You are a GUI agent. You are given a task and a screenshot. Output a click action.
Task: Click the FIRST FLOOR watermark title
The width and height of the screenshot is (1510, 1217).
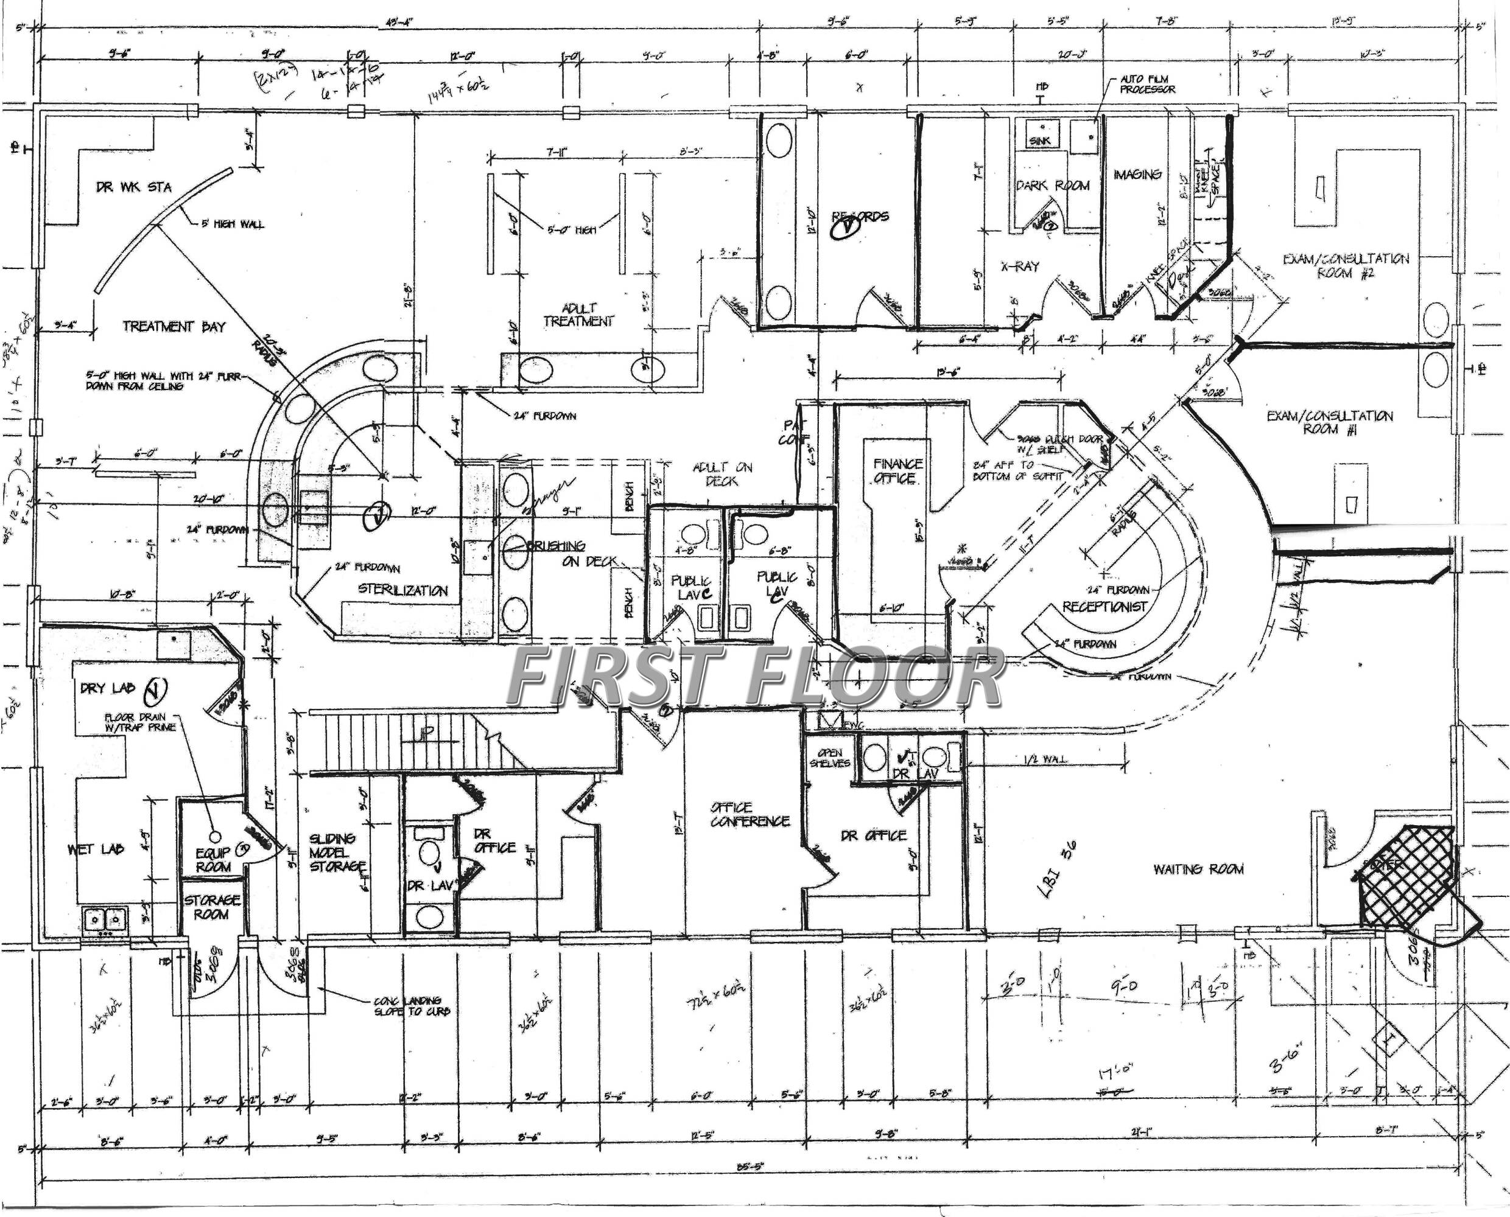click(x=756, y=677)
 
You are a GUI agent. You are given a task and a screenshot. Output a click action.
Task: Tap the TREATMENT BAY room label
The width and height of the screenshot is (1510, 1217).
click(x=174, y=326)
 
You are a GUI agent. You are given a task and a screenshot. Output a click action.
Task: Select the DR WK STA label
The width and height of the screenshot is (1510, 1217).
click(x=133, y=187)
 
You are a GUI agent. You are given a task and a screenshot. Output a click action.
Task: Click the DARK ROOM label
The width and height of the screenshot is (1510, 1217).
click(x=1053, y=186)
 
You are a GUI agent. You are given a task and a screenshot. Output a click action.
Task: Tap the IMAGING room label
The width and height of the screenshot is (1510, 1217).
click(x=1137, y=174)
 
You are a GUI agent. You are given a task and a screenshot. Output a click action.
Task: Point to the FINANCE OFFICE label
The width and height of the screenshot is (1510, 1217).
click(x=897, y=471)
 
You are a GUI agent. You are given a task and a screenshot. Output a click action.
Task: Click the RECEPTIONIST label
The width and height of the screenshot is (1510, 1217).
click(x=1104, y=607)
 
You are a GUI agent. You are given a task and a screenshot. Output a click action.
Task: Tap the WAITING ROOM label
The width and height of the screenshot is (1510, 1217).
click(x=1198, y=870)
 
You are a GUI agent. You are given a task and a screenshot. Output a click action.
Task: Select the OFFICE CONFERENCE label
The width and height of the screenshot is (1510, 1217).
click(x=749, y=815)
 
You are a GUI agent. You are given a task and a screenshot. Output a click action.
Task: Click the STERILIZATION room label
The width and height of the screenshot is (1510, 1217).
click(x=402, y=590)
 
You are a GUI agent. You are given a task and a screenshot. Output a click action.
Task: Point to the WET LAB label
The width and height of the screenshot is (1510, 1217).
click(x=96, y=849)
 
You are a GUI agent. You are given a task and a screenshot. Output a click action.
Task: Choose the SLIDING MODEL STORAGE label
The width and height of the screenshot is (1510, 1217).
click(x=337, y=852)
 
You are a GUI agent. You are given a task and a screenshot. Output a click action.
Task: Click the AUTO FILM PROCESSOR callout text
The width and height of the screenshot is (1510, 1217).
click(x=1147, y=84)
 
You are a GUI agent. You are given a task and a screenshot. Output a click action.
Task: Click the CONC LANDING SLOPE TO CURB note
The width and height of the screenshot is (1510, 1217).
click(x=412, y=1006)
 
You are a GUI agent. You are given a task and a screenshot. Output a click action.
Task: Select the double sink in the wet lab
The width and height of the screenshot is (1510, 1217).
click(x=105, y=918)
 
